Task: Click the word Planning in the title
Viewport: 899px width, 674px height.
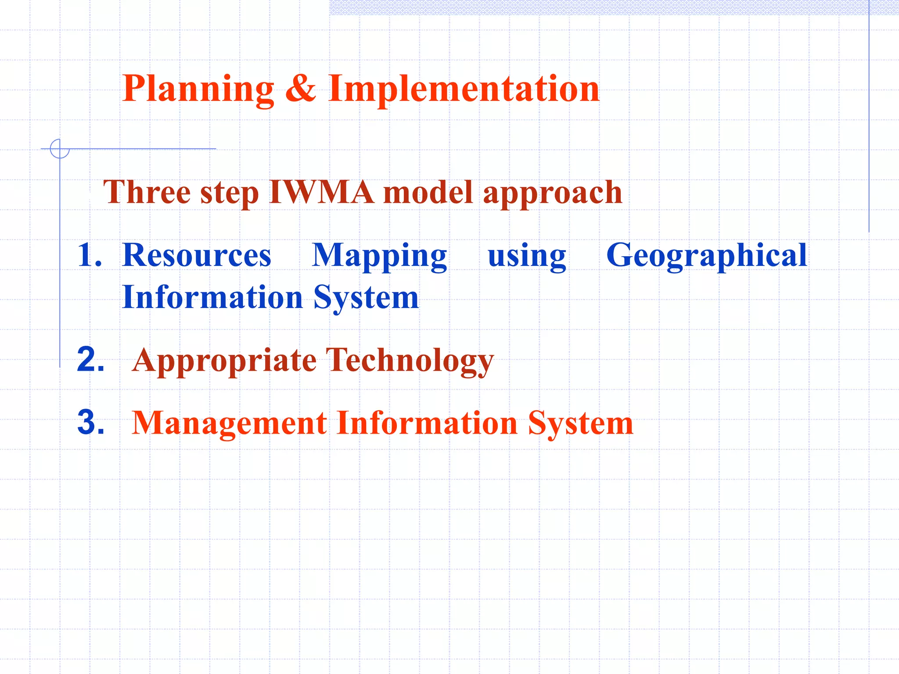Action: point(198,89)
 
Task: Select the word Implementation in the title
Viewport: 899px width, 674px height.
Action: point(464,89)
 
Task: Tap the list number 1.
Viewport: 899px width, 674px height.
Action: point(89,255)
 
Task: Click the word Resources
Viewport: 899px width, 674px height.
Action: point(197,255)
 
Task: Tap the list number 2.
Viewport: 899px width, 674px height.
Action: point(90,360)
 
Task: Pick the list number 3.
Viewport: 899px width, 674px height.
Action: point(90,423)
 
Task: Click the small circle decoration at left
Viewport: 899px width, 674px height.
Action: point(60,148)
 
